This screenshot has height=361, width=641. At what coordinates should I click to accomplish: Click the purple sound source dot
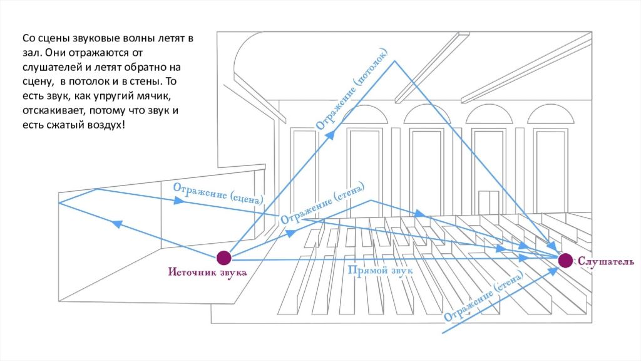point(224,258)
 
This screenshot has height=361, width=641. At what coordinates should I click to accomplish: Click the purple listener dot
point(565,261)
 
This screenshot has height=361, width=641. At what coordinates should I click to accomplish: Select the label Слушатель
point(606,261)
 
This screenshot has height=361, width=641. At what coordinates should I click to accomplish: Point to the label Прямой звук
point(380,270)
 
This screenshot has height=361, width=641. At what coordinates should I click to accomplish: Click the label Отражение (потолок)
point(356,94)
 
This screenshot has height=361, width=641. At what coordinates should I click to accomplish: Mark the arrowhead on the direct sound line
point(524,258)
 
